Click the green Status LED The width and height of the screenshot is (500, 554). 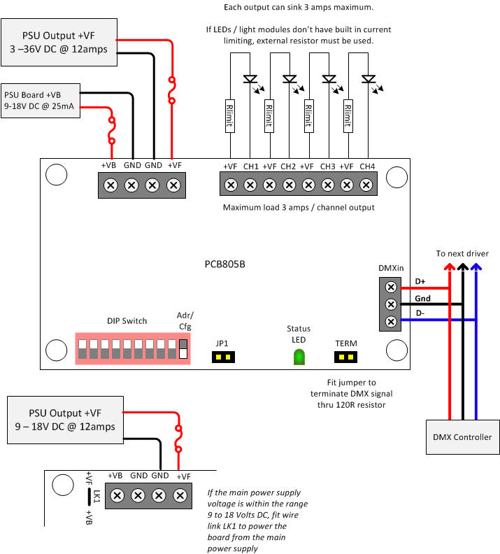(299, 357)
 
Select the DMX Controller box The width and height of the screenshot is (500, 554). (463, 437)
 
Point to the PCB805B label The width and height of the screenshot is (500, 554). (224, 265)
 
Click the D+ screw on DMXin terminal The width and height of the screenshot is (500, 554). (391, 287)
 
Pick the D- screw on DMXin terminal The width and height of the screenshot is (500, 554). (391, 321)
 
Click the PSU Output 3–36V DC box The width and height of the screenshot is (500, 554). (59, 42)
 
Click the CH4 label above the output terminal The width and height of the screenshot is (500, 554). (367, 167)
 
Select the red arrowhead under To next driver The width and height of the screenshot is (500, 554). (450, 267)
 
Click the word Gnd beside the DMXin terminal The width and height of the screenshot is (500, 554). (422, 299)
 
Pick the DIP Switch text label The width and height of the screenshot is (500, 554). (127, 321)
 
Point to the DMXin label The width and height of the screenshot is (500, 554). (390, 269)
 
